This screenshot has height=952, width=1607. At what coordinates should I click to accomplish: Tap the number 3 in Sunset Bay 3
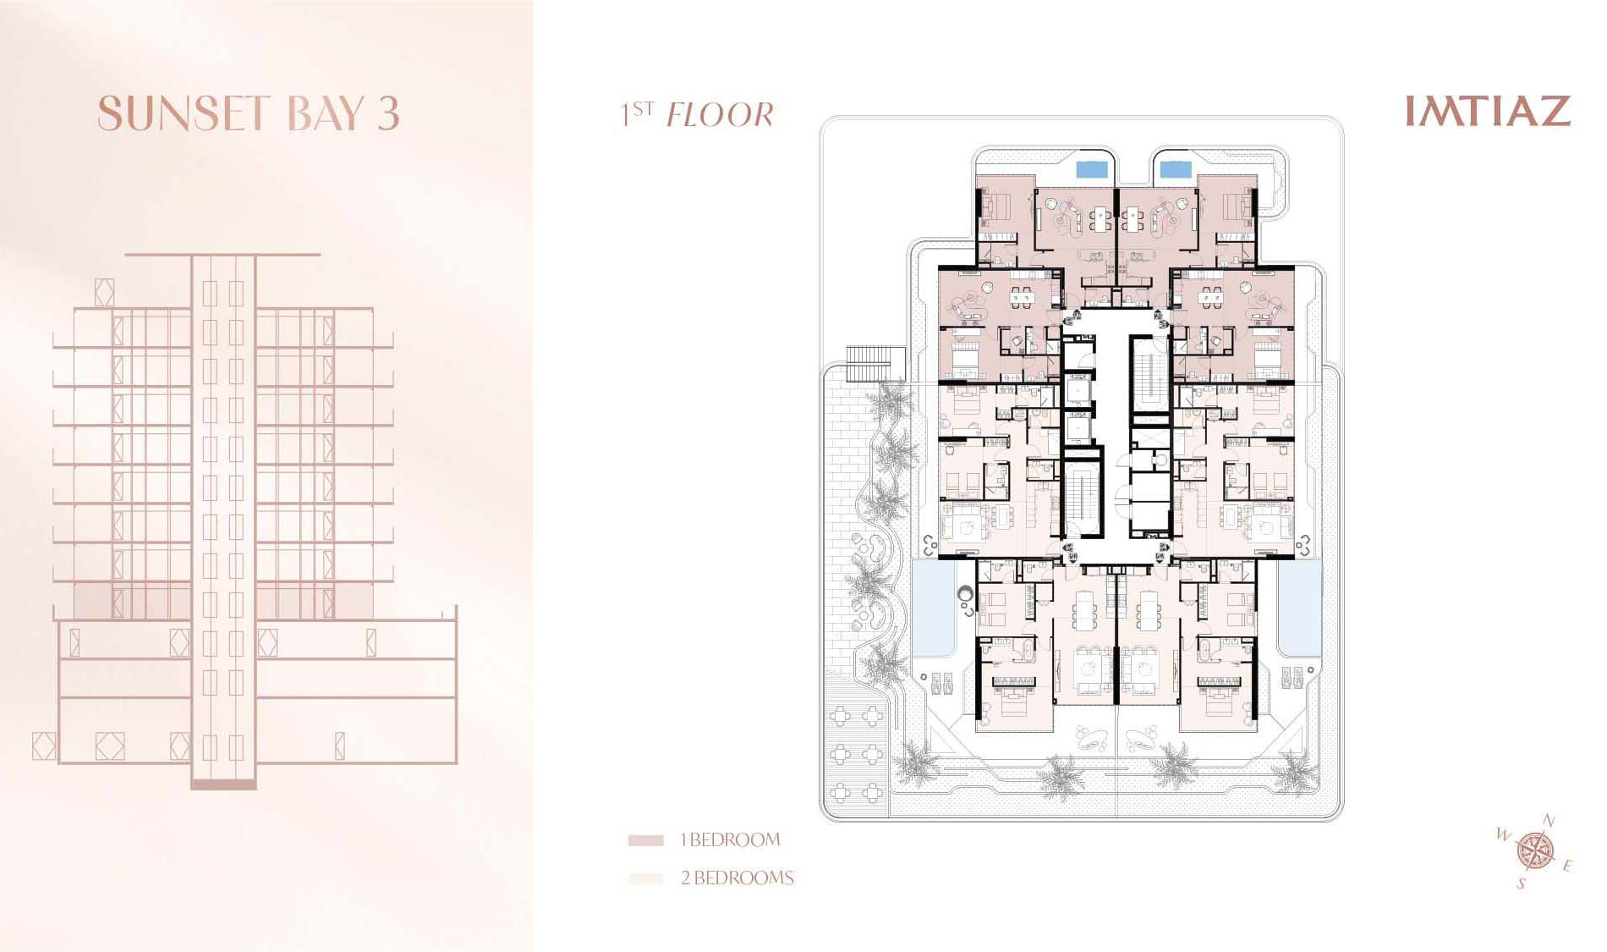pos(388,113)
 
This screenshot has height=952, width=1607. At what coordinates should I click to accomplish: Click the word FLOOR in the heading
pos(720,115)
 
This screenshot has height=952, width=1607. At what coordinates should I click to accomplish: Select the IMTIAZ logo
pos(1488,111)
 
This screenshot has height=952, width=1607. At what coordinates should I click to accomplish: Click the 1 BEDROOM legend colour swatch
pos(645,840)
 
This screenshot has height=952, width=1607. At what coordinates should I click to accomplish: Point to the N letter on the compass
pos(1549,821)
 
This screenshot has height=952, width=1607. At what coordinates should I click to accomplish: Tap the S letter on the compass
pos(1521,884)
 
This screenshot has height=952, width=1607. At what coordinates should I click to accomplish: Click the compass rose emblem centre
pos(1534,850)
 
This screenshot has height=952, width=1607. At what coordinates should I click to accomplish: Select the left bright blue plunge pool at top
pos(1091,168)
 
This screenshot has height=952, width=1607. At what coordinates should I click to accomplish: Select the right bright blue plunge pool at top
pos(1175,168)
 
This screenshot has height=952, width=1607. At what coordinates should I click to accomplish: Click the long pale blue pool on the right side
pos(1299,607)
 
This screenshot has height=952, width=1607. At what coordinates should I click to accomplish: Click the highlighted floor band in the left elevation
pos(224,600)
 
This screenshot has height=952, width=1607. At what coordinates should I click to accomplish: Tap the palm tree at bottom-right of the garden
pos(1292,774)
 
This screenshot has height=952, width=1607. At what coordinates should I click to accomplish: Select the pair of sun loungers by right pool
pos(1292,678)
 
